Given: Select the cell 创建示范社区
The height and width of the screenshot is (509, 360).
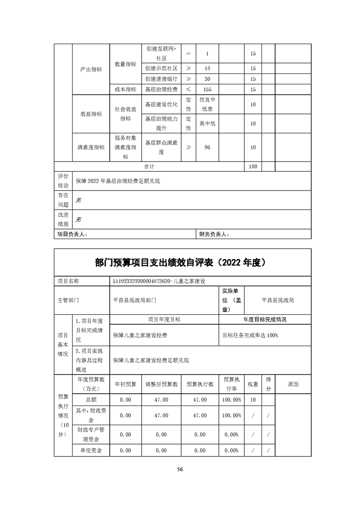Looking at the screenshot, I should (x=161, y=68).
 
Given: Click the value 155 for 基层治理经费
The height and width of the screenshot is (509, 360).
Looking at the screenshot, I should (x=207, y=89).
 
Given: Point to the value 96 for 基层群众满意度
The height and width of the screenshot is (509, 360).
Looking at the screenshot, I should (x=207, y=147).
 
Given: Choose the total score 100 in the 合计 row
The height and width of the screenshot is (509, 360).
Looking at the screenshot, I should (x=253, y=166).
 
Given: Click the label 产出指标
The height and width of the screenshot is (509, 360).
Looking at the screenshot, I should (x=91, y=69).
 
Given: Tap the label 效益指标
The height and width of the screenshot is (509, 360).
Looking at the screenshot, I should (x=91, y=114).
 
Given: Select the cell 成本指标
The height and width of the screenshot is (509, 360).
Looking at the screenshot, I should (x=125, y=89).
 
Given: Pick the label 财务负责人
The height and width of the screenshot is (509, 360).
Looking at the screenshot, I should (x=215, y=234).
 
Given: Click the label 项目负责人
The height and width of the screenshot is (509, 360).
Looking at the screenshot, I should (x=72, y=234).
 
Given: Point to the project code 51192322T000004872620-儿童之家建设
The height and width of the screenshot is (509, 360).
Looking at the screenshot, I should (x=156, y=281).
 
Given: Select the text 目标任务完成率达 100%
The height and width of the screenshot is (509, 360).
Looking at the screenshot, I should (x=250, y=335).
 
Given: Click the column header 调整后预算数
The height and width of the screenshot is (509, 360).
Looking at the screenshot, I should (x=161, y=384).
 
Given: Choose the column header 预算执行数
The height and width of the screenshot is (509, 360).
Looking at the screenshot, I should (x=200, y=384).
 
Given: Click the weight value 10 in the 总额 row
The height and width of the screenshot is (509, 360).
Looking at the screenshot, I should (x=253, y=400).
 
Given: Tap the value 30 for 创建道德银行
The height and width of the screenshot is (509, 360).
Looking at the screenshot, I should (x=207, y=79).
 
